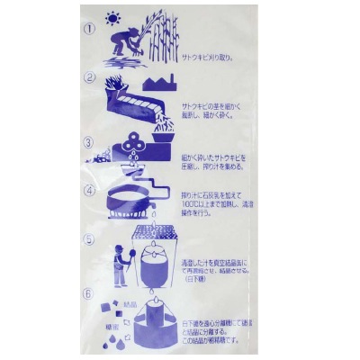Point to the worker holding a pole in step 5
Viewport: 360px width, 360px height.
tap(120, 265)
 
